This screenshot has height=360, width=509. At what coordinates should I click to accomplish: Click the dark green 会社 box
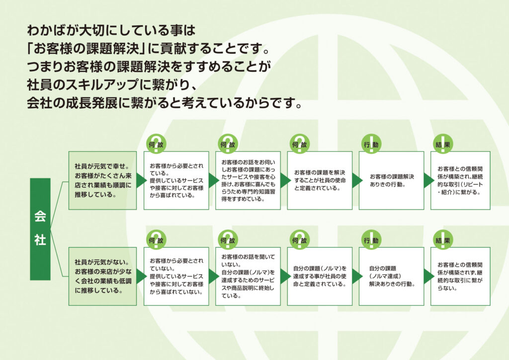(x=40, y=229)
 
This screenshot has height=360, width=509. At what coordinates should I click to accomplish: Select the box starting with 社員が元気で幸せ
(x=102, y=180)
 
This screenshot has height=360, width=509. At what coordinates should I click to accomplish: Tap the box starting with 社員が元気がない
(x=102, y=276)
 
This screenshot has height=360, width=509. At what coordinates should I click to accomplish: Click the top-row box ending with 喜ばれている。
(x=176, y=180)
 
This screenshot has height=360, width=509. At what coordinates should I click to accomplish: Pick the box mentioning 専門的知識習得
(x=248, y=180)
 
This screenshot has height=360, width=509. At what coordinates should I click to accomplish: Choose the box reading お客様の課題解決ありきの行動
(x=391, y=180)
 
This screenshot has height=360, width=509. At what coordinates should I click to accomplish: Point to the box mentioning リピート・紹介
(x=460, y=180)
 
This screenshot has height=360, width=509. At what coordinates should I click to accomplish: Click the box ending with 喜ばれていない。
(x=176, y=276)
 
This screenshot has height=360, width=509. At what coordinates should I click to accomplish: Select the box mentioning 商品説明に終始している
(x=248, y=276)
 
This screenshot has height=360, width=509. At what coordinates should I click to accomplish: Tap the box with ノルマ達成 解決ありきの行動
(x=391, y=276)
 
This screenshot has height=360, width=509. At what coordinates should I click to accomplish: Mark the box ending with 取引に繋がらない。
(x=460, y=276)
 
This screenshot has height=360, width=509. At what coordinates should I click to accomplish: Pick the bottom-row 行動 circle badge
(x=371, y=240)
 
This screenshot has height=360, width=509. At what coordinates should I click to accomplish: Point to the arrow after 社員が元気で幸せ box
(x=141, y=180)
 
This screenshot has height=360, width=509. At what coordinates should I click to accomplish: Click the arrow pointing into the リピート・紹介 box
(x=427, y=180)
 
